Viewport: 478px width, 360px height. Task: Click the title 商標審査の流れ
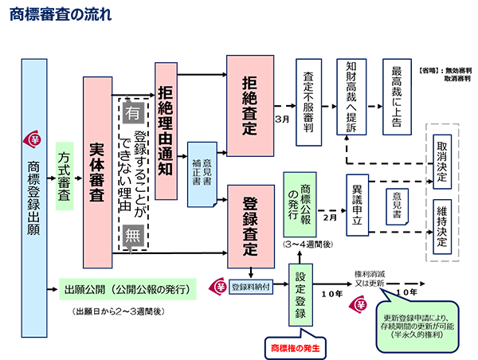pyautogui.click(x=61, y=14)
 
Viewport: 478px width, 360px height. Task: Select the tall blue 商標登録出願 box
pyautogui.click(x=34, y=198)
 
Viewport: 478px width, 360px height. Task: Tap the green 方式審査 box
pyautogui.click(x=65, y=176)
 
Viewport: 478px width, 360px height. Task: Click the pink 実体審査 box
pyautogui.click(x=97, y=173)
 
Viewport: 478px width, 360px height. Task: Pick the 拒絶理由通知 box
pyautogui.click(x=167, y=131)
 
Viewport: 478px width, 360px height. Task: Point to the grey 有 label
pyautogui.click(x=133, y=113)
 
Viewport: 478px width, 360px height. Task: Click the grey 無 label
pyautogui.click(x=133, y=236)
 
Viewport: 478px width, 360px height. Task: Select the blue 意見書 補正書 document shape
pyautogui.click(x=202, y=174)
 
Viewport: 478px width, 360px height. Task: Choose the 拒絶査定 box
pyautogui.click(x=250, y=106)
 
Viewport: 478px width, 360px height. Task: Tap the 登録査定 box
pyautogui.click(x=251, y=226)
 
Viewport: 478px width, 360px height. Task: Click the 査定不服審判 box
pyautogui.click(x=308, y=103)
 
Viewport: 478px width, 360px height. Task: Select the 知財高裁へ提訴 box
pyautogui.click(x=351, y=97)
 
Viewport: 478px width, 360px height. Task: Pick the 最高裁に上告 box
pyautogui.click(x=397, y=97)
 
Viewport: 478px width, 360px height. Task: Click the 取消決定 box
pyautogui.click(x=442, y=162)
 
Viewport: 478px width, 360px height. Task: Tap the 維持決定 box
pyautogui.click(x=442, y=227)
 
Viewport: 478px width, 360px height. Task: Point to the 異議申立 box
pyautogui.click(x=357, y=205)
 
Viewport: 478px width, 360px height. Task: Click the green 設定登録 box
pyautogui.click(x=300, y=295)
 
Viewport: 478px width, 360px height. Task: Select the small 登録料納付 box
pyautogui.click(x=251, y=287)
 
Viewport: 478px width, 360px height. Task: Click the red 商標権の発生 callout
pyautogui.click(x=296, y=347)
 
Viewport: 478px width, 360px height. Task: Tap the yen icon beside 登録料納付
pyautogui.click(x=218, y=286)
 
